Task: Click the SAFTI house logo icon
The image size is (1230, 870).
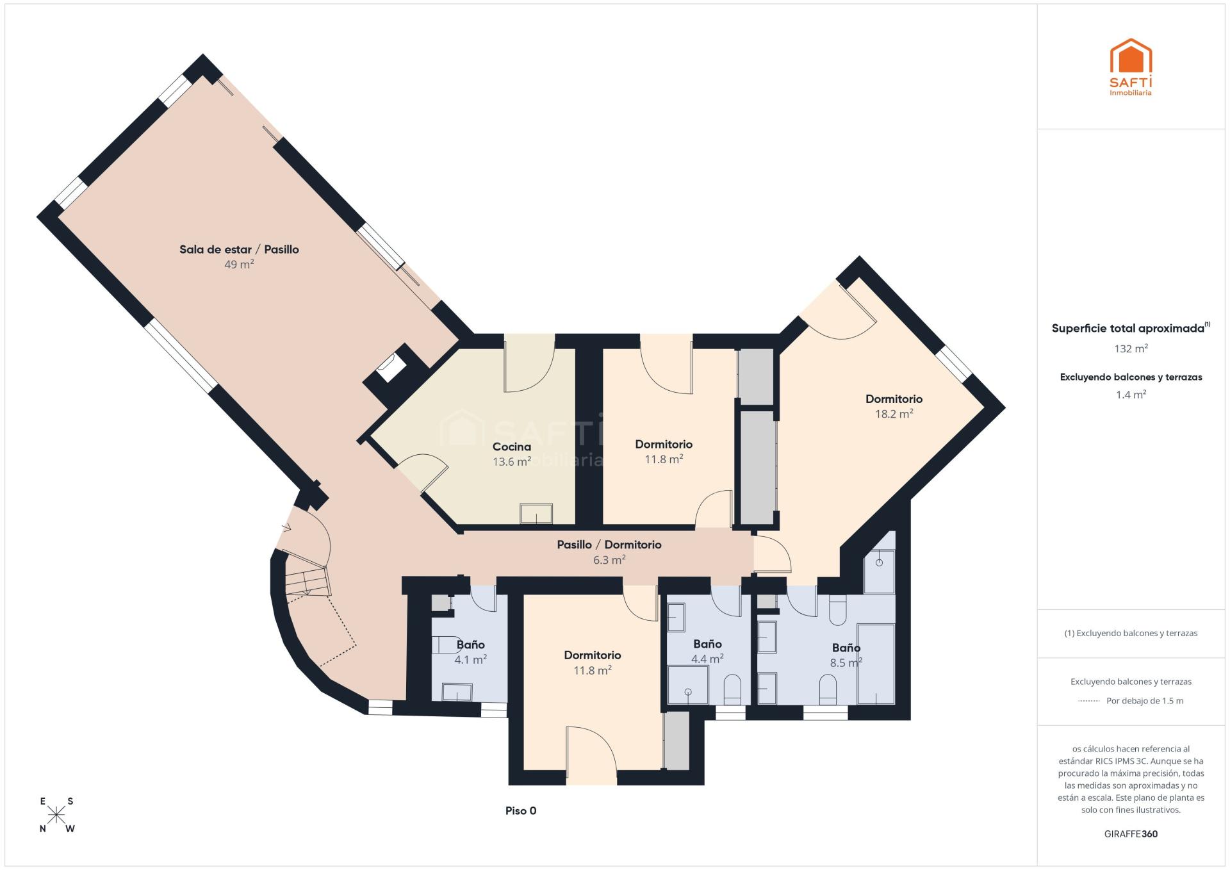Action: click(x=1131, y=56)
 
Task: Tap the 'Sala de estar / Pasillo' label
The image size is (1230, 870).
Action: click(x=239, y=249)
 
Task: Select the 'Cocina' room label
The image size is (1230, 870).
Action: click(x=512, y=447)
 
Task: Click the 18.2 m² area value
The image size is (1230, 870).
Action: click(x=894, y=414)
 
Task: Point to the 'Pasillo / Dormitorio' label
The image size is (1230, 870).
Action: click(x=609, y=545)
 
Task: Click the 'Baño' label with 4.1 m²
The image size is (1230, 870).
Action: click(x=470, y=644)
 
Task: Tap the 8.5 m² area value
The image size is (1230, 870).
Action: click(x=846, y=663)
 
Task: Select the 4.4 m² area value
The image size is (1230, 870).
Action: click(x=707, y=658)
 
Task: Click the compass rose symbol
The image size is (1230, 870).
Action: click(x=57, y=814)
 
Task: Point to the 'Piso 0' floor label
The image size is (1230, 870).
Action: click(x=521, y=810)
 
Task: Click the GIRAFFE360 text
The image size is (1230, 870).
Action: click(x=1131, y=834)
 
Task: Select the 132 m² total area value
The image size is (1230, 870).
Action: click(x=1131, y=349)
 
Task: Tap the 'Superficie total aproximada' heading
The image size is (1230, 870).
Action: click(x=1127, y=328)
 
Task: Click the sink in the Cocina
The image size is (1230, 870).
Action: click(x=536, y=514)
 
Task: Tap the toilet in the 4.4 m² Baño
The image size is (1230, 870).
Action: click(x=732, y=689)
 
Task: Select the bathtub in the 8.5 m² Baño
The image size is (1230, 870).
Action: click(x=876, y=664)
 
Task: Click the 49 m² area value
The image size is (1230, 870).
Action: click(x=239, y=264)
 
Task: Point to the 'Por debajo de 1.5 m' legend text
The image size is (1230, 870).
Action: click(x=1145, y=701)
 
